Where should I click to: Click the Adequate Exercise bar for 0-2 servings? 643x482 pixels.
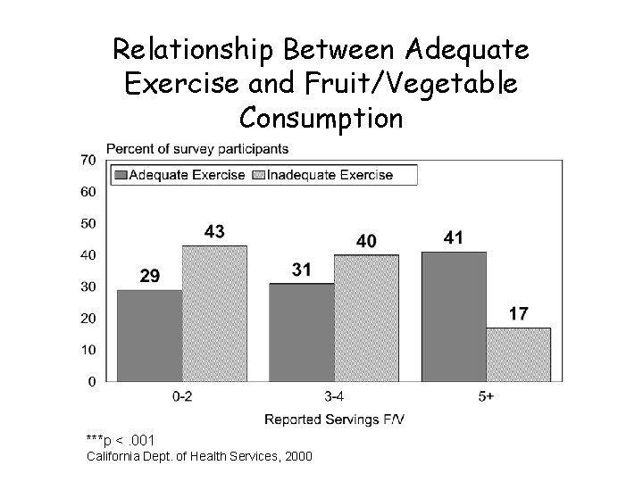click(149, 336)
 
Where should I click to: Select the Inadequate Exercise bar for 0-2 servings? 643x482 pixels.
click(214, 313)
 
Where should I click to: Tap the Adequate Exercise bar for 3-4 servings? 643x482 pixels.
click(301, 332)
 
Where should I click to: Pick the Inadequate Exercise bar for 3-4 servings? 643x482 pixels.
click(366, 318)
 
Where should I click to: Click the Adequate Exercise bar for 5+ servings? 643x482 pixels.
click(454, 316)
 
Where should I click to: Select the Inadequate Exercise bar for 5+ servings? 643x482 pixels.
click(519, 354)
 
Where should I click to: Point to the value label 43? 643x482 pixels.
click(214, 232)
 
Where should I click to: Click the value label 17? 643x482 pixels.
click(519, 314)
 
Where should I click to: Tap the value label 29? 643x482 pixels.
click(150, 277)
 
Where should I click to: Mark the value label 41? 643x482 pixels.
click(454, 238)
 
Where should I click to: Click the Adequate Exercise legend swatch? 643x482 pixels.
click(120, 175)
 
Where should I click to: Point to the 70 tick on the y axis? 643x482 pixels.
click(88, 160)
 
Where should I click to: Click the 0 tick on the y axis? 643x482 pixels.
click(92, 382)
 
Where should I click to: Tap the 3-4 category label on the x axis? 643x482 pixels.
click(334, 399)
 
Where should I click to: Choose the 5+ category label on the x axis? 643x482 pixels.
click(487, 399)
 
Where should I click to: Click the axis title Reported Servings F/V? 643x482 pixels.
click(334, 419)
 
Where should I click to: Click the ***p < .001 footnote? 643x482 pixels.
click(121, 440)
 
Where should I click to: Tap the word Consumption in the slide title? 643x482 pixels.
click(321, 117)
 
